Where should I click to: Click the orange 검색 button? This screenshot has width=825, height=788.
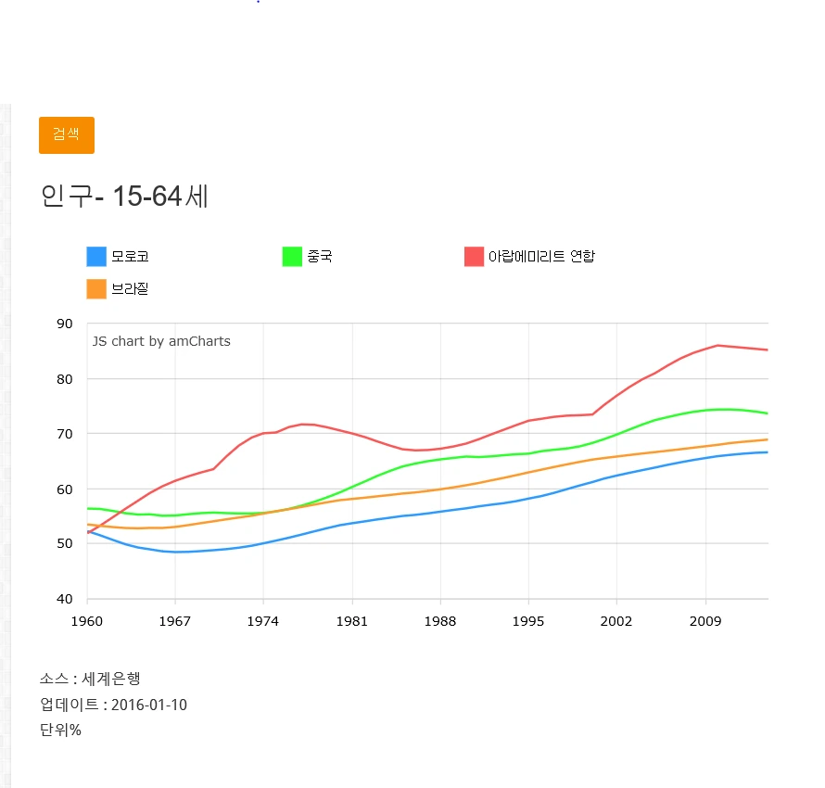coord(66,134)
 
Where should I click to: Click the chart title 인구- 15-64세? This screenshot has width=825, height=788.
coord(124,197)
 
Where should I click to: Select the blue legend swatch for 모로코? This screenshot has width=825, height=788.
coord(96,257)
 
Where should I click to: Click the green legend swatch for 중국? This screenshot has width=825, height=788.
coord(292,257)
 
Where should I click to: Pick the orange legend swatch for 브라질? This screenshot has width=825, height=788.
coord(96,289)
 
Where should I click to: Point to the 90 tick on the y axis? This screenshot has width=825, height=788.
coord(64,324)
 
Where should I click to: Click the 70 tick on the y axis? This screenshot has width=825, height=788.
coord(64,434)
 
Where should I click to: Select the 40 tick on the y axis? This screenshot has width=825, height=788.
coord(64,599)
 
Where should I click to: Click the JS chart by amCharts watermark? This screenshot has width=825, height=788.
coord(161,341)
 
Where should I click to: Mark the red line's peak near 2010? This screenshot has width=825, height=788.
coord(717,345)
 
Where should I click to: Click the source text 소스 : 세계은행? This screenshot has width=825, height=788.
coord(89,680)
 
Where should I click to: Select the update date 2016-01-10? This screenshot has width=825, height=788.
coord(148,705)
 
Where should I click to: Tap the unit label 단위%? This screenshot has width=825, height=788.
coord(60,730)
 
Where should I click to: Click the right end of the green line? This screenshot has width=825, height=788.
coord(767,413)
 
